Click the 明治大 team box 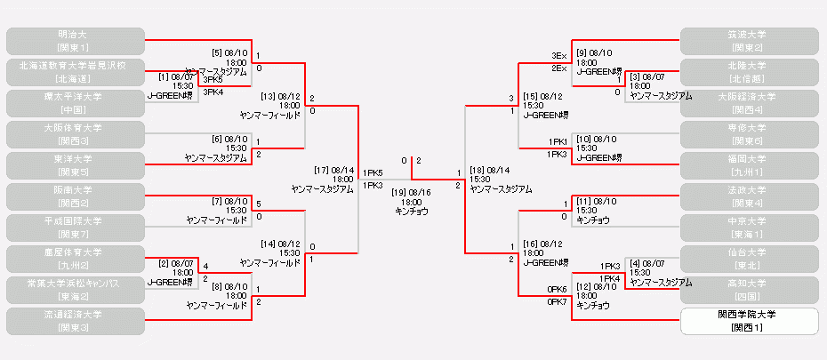75,41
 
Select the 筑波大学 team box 749,41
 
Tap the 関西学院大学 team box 749,321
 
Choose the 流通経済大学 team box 75,321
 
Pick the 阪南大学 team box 75,196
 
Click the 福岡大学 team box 749,165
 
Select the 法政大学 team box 749,196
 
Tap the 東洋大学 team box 75,165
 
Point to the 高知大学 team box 749,290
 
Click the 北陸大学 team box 749,72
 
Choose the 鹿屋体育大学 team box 75,259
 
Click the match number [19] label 400,192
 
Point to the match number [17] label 322,170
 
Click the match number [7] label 219,200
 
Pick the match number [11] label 583,200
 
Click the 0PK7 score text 557,302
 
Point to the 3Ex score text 558,56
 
